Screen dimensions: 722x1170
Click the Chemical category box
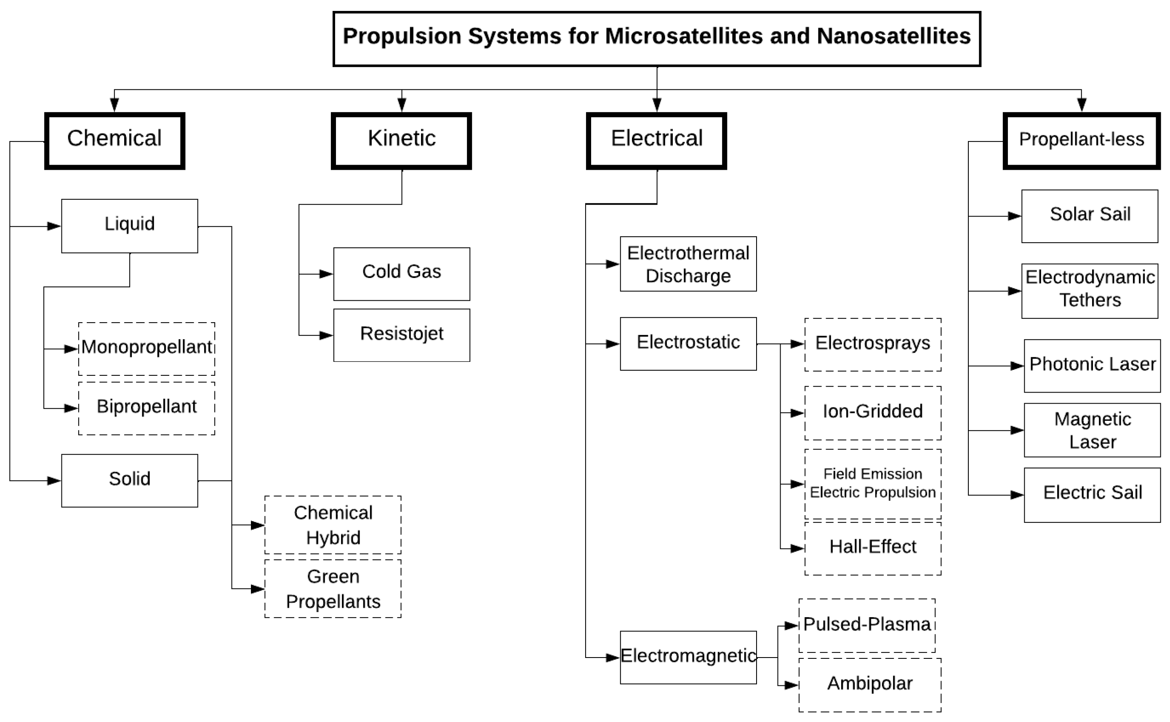[x=115, y=140]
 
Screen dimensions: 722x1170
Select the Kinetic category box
[x=401, y=140]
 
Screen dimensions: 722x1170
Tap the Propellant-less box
[x=1081, y=140]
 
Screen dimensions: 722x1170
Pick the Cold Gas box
[x=401, y=274]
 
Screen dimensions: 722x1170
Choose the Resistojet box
[x=401, y=335]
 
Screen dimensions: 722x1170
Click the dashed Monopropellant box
[x=147, y=349]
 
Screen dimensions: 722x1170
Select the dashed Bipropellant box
[x=147, y=408]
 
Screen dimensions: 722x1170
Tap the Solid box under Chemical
[x=129, y=480]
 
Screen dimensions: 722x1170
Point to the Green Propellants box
[x=333, y=588]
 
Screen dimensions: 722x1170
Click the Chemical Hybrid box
[x=333, y=524]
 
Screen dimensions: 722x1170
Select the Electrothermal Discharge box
[x=688, y=264]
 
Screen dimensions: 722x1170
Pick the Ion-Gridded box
[x=872, y=412]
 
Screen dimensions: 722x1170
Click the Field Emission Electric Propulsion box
[x=872, y=483]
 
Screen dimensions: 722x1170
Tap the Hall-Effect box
[x=872, y=548]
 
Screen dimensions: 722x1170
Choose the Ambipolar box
[x=869, y=684]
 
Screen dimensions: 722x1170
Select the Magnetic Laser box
[x=1092, y=430]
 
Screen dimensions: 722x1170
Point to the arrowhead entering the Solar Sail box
[x=1015, y=217]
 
